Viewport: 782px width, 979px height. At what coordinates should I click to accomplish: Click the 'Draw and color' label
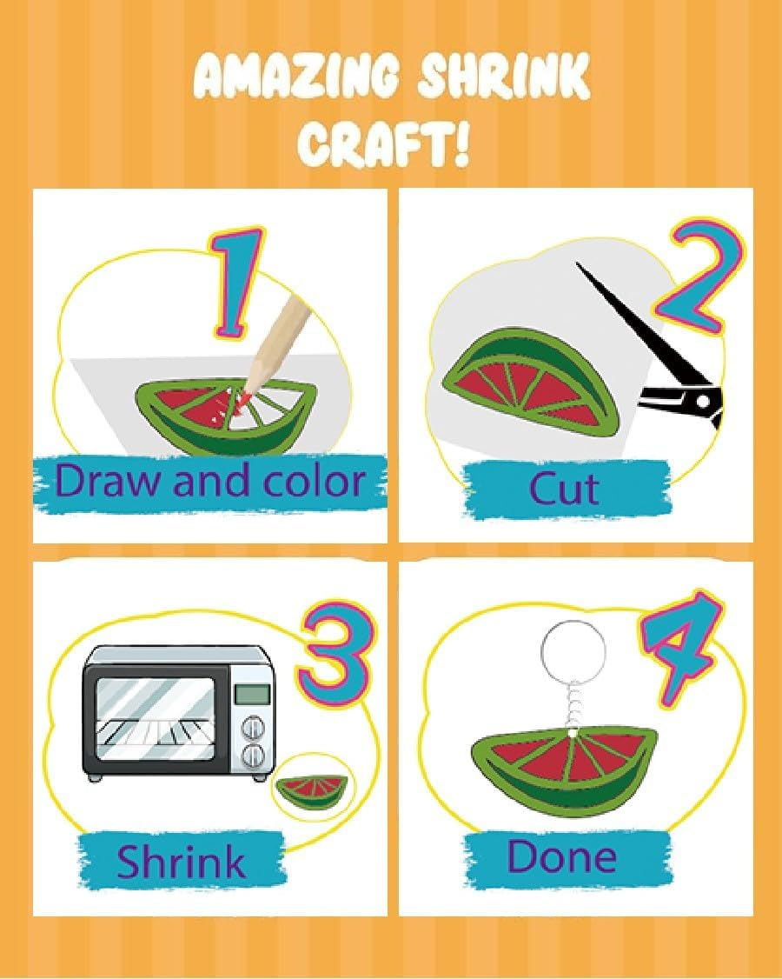(x=209, y=481)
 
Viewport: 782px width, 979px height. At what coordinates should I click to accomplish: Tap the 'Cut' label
(x=564, y=489)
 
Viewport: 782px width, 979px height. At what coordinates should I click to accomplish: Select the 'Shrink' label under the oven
(x=181, y=862)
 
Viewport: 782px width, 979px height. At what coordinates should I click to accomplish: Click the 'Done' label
(x=562, y=857)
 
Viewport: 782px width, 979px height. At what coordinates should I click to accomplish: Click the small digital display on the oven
(x=252, y=694)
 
